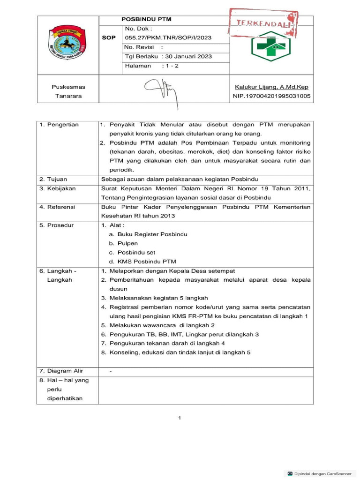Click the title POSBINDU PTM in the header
coord(146,19)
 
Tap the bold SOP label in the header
coord(109,37)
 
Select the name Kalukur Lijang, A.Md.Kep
coord(271,87)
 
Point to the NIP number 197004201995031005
coord(271,96)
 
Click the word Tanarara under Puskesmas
coord(68,96)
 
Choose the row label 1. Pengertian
coord(59,125)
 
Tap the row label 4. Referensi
coord(58,207)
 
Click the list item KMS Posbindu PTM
coord(142,262)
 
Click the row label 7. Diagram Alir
coord(61,371)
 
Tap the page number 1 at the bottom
coord(180,418)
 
